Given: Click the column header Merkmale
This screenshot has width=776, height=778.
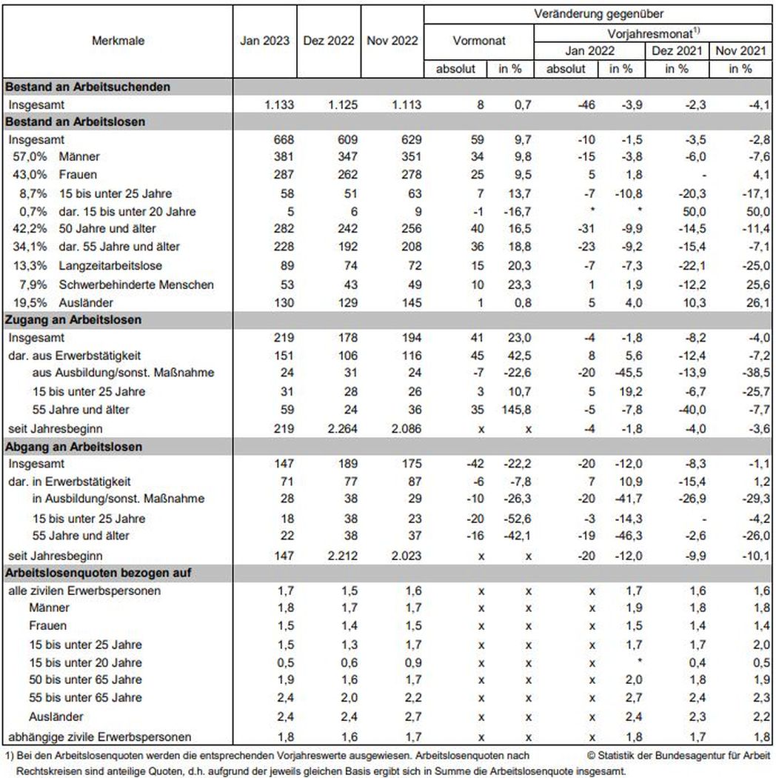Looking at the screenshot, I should click(118, 41).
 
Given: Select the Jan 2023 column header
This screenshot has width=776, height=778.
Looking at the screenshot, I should click(264, 41).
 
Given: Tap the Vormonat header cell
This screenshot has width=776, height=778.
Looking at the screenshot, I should click(478, 41).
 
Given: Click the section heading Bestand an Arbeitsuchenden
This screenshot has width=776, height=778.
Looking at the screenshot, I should click(87, 87).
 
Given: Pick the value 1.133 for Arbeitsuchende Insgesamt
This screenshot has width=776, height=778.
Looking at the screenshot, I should click(279, 104).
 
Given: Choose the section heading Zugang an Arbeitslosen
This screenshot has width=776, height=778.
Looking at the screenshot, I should click(73, 320).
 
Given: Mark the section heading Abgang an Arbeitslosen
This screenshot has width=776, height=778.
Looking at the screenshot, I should click(73, 447).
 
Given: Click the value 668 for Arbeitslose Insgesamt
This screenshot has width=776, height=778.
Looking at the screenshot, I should click(284, 139).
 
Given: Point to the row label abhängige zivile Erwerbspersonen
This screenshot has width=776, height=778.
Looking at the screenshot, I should click(100, 737).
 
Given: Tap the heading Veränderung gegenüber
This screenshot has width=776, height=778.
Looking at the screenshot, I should click(598, 13).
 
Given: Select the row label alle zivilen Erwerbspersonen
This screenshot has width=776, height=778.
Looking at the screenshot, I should click(84, 591).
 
